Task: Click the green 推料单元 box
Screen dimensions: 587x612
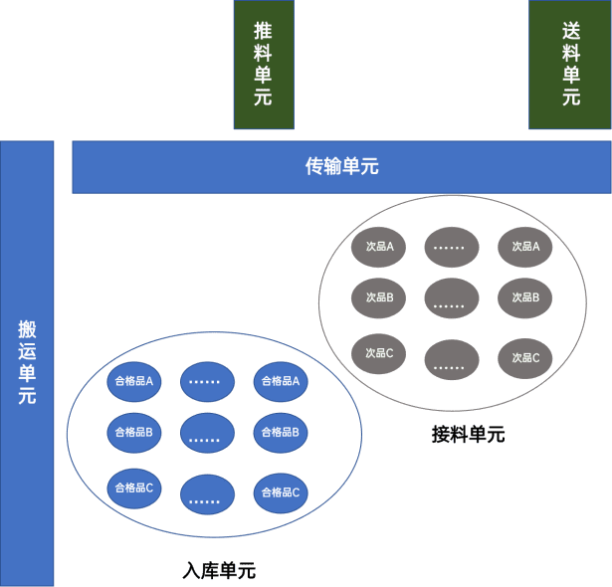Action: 264,65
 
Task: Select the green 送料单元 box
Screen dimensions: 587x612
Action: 570,65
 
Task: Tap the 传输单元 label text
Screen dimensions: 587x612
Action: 341,167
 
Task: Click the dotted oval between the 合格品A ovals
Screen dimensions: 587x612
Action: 207,380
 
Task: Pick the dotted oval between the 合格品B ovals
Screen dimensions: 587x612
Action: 207,433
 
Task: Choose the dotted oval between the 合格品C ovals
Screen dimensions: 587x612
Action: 207,494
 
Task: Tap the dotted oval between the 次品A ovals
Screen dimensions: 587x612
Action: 450,246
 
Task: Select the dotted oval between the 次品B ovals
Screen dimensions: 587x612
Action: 450,297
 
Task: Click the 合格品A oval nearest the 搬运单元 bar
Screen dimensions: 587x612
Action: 133,380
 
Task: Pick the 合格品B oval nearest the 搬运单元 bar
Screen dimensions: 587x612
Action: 133,432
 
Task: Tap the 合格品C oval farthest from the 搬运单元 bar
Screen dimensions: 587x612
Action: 282,492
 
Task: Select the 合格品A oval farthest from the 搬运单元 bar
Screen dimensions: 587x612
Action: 282,380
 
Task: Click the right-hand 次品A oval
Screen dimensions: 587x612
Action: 525,246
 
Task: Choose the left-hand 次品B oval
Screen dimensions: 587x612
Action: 379,296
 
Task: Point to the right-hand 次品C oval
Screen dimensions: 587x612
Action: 525,358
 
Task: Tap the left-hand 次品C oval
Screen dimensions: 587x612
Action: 379,352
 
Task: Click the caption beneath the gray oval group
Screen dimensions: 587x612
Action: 468,434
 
